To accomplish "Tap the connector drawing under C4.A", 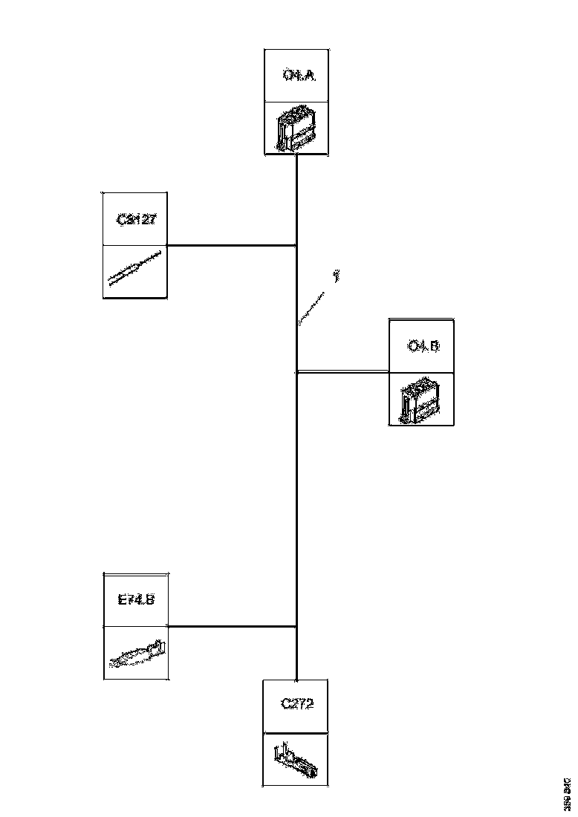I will click(296, 128).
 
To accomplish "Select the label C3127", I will click(136, 220).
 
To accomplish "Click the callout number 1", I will click(337, 276).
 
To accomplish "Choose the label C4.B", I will click(423, 345).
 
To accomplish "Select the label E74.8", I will click(136, 599).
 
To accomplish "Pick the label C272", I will click(297, 704).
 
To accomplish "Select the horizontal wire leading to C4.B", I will click(342, 372).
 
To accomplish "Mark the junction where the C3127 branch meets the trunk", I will click(297, 245).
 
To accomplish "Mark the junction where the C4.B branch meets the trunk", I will click(297, 372).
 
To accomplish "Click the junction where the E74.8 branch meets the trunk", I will click(297, 626).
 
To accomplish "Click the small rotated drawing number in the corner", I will click(567, 794).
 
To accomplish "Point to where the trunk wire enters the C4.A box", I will click(297, 155).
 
